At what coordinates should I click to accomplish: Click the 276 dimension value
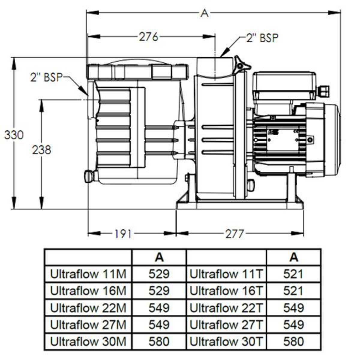point(148,37)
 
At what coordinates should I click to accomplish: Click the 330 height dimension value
point(13,135)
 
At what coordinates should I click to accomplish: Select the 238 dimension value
point(42,150)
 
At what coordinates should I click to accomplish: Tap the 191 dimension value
point(123,234)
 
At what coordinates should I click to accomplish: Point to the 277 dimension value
point(235,234)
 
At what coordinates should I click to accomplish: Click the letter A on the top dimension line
point(204,13)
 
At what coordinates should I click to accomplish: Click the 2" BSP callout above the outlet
point(262,38)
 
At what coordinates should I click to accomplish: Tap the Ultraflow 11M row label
point(88,274)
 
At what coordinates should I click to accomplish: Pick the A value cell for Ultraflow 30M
point(159,341)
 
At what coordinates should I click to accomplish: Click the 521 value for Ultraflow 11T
point(293,274)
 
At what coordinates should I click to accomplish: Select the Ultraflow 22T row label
point(226,308)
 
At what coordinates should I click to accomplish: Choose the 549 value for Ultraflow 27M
point(159,325)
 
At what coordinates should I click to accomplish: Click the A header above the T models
point(294,257)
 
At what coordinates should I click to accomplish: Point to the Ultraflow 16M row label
point(88,291)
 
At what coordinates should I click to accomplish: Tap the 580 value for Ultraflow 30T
point(293,341)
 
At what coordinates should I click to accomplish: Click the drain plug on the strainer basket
point(89,176)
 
